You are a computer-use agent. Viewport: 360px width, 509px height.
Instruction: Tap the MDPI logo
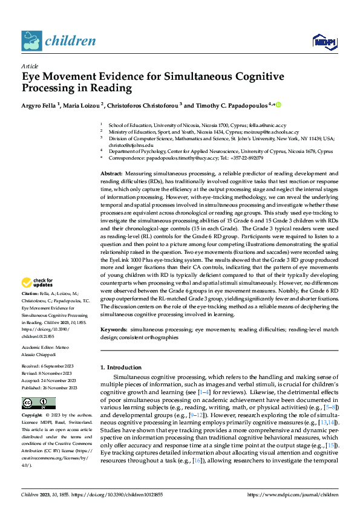click(321, 41)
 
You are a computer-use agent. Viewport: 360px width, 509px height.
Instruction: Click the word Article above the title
click(29, 66)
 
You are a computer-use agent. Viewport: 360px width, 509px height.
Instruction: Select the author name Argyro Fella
click(41, 105)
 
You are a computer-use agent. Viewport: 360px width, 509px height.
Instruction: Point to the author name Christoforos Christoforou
click(144, 105)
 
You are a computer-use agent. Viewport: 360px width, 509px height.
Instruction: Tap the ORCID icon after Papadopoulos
click(278, 105)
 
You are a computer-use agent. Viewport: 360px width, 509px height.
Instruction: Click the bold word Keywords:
click(114, 330)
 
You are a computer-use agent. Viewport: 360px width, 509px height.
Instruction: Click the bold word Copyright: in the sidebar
click(32, 417)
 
